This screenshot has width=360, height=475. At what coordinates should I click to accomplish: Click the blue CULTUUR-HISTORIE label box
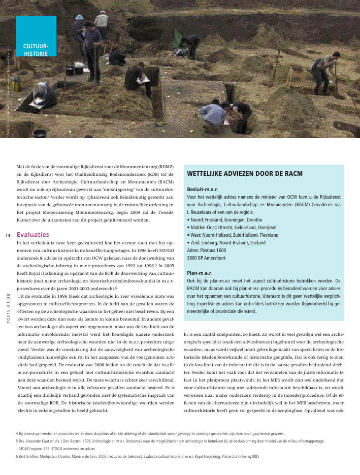(36, 36)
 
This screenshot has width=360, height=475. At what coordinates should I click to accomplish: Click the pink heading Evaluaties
(33, 235)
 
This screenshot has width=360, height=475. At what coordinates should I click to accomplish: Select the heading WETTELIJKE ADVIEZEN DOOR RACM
(245, 174)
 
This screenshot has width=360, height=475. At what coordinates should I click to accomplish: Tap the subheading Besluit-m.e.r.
(202, 188)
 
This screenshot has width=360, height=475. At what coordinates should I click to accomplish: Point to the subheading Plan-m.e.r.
(199, 273)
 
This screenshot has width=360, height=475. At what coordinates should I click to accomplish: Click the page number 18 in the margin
(8, 235)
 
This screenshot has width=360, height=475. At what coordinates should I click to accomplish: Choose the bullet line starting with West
(233, 235)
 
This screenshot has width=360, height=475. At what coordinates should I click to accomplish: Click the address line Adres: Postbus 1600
(207, 250)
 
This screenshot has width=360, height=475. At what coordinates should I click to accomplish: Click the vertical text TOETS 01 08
(8, 308)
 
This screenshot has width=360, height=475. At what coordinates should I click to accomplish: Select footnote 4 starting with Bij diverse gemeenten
(150, 433)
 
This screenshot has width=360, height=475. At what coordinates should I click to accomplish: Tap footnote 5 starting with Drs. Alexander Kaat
(170, 441)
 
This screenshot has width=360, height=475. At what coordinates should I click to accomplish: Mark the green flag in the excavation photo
(177, 37)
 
